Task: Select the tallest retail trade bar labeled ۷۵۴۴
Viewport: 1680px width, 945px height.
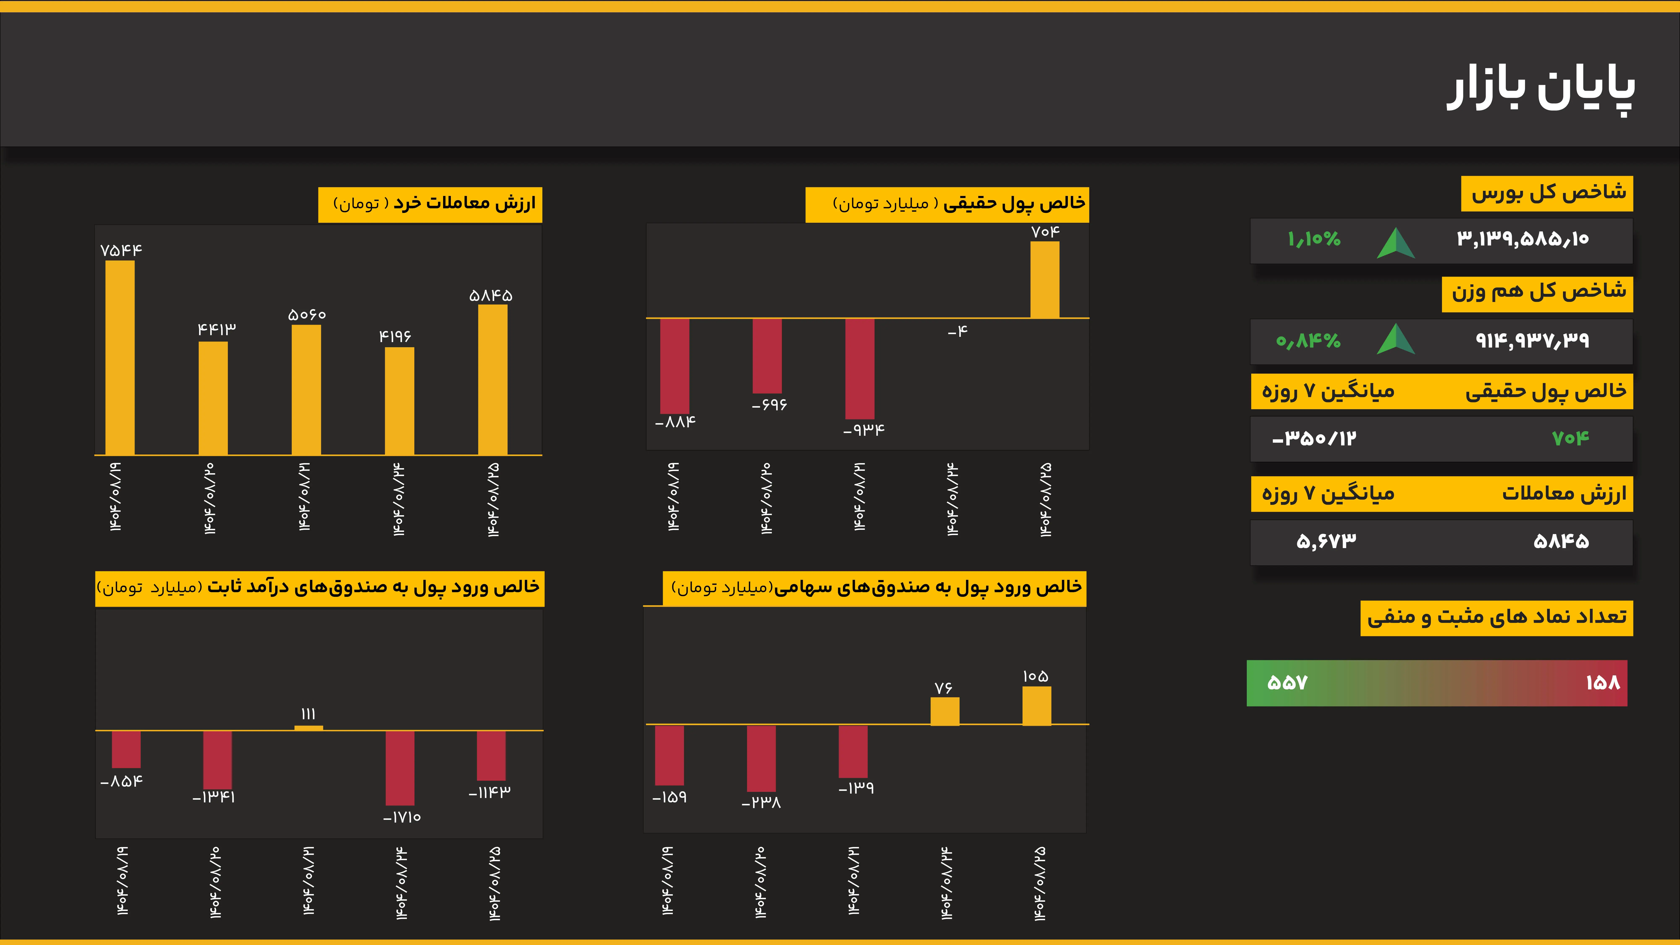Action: pyautogui.click(x=120, y=357)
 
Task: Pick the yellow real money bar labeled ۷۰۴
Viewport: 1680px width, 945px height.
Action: pyautogui.click(x=1045, y=280)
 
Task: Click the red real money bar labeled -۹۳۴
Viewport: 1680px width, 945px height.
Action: pyautogui.click(x=860, y=369)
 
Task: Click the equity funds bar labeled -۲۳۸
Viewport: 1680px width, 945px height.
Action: pyautogui.click(x=761, y=758)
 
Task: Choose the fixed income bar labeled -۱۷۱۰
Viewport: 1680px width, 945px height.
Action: pyautogui.click(x=400, y=768)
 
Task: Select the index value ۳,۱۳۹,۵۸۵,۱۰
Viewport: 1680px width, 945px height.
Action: pyautogui.click(x=1523, y=239)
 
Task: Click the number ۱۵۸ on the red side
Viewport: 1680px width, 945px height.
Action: pyautogui.click(x=1602, y=683)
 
